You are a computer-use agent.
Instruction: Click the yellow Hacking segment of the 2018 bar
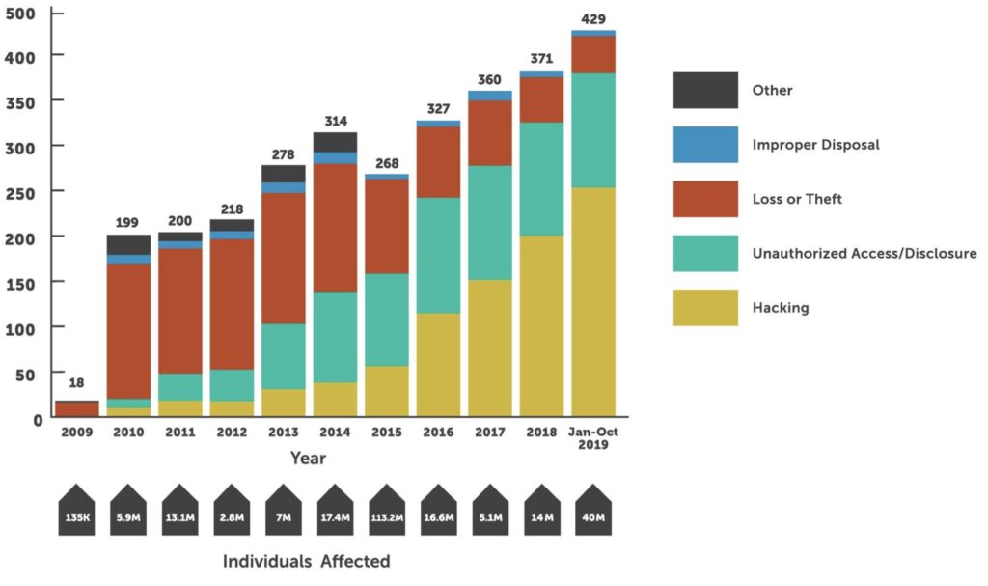click(x=541, y=326)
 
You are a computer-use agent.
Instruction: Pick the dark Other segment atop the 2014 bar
click(x=335, y=142)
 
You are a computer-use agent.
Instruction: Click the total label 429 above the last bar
click(x=593, y=18)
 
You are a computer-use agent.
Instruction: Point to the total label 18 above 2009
click(x=76, y=383)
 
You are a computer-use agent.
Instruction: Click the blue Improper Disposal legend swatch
click(x=705, y=145)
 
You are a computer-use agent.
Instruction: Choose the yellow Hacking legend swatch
click(x=705, y=308)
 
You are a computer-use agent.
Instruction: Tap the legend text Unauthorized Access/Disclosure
click(x=864, y=254)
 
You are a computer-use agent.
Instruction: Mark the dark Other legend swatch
click(x=705, y=90)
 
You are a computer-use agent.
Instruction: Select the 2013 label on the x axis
click(x=283, y=433)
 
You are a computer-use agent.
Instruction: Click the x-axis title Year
click(x=310, y=459)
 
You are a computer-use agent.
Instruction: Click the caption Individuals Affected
click(x=307, y=561)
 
